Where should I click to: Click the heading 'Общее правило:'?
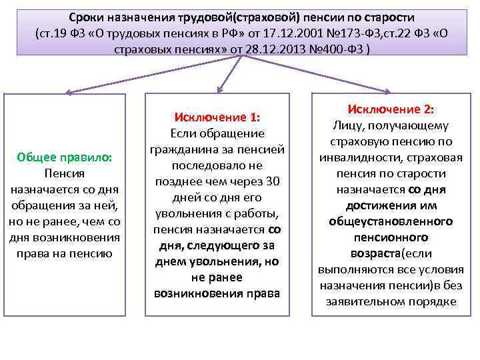pyautogui.click(x=65, y=157)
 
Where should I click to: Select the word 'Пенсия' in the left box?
pyautogui.click(x=65, y=173)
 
